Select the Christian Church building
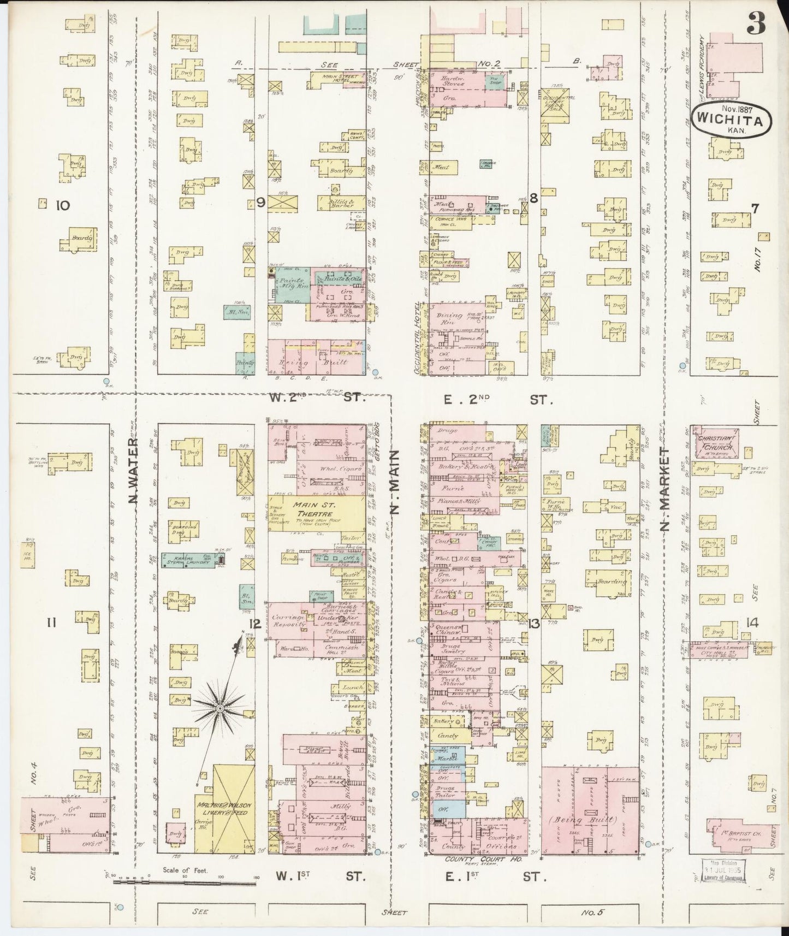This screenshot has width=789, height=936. click(x=716, y=442)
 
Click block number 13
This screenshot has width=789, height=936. click(x=534, y=624)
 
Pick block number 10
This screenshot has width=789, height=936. click(x=63, y=205)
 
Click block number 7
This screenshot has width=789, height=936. click(x=755, y=208)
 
